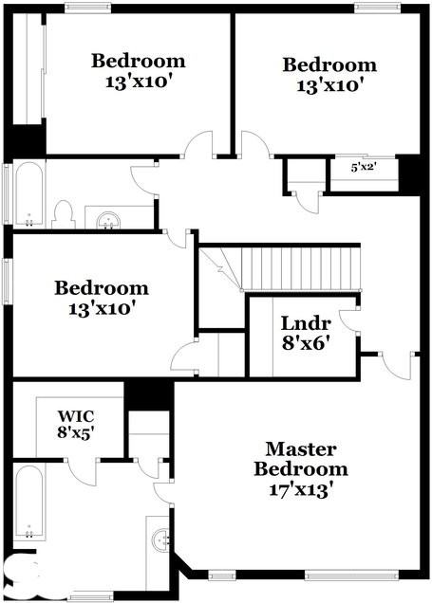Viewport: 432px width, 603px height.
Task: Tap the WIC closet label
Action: pyautogui.click(x=75, y=415)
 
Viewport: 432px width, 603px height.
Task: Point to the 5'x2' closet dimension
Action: pyautogui.click(x=365, y=167)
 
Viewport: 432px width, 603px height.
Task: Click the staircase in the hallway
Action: pyautogui.click(x=300, y=267)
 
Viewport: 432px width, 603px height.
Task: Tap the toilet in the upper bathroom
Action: pyautogui.click(x=65, y=214)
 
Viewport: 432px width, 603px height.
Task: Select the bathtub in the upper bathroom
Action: pyautogui.click(x=28, y=194)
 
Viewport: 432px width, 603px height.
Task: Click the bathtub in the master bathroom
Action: pyautogui.click(x=29, y=501)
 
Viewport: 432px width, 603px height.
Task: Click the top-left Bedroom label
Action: pyautogui.click(x=139, y=62)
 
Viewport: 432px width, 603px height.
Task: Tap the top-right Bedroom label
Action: pyautogui.click(x=329, y=65)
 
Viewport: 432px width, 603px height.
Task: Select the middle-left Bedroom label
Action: pyautogui.click(x=102, y=287)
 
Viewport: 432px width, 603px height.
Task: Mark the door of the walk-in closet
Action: pyautogui.click(x=85, y=470)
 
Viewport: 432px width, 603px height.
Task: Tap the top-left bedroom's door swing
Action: pyautogui.click(x=198, y=146)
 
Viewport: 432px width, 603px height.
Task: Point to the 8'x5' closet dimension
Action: pyautogui.click(x=75, y=432)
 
